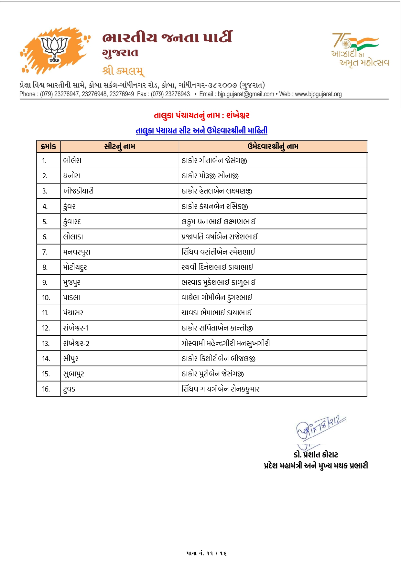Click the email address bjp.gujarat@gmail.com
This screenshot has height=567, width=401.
[246, 94]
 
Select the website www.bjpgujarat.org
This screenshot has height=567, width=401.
[318, 94]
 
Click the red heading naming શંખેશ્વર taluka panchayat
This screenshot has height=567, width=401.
[201, 115]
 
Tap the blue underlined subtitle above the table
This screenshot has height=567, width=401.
[201, 131]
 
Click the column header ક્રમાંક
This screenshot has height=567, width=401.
[49, 147]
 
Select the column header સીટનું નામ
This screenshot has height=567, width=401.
[120, 147]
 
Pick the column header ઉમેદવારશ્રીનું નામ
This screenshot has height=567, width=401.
[273, 147]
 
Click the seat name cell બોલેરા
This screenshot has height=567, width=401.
[72, 161]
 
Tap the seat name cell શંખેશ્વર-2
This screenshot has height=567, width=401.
[76, 343]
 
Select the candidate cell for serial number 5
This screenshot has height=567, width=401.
[219, 222]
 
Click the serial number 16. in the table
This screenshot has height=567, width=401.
[46, 389]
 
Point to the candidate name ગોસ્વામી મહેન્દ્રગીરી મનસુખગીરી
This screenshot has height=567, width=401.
[226, 343]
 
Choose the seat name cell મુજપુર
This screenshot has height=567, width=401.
[72, 283]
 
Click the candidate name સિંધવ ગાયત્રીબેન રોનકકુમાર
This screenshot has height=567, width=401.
[221, 389]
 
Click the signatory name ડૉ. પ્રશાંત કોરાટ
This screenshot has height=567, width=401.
[316, 455]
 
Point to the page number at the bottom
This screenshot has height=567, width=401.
[206, 553]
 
